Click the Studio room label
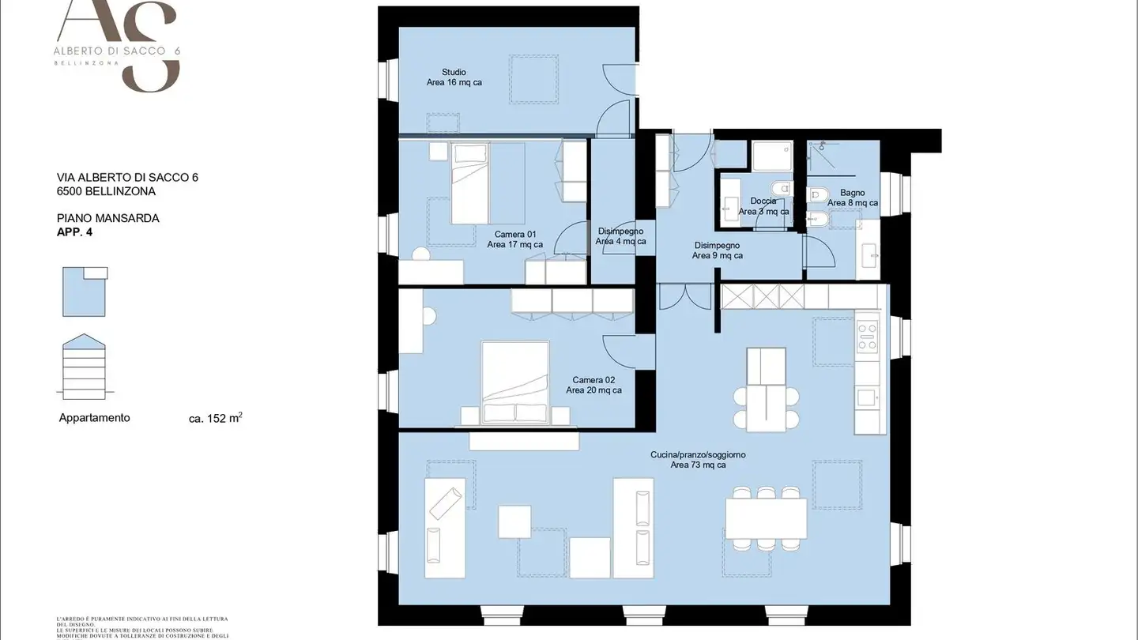point(454,77)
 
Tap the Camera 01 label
point(515,239)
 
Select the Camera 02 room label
point(593,385)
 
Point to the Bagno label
point(852,198)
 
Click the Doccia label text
point(763,206)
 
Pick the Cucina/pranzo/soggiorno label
point(698,460)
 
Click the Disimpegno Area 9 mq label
point(717,250)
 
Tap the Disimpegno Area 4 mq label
point(620,236)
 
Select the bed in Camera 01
point(477,183)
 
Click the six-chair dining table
point(766,518)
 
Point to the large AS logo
point(119,43)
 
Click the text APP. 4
point(75,232)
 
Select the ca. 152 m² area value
point(215,419)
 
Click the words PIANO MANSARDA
point(108,218)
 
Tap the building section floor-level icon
point(84,365)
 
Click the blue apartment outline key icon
point(84,292)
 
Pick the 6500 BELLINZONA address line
point(106,191)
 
